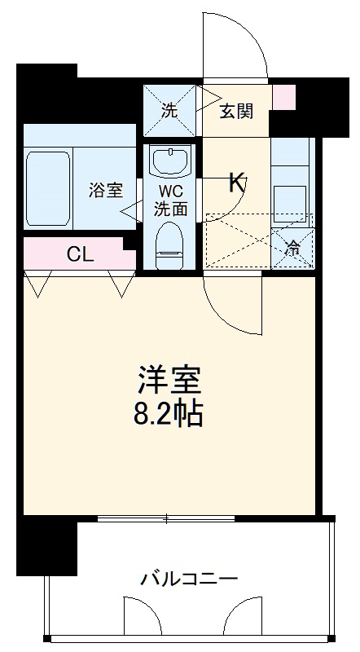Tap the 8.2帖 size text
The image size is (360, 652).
pyautogui.click(x=169, y=414)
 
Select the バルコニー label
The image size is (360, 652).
pyautogui.click(x=188, y=579)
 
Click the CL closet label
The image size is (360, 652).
pyautogui.click(x=79, y=253)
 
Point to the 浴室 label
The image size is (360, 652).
pyautogui.click(x=105, y=190)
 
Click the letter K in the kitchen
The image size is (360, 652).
pyautogui.click(x=236, y=182)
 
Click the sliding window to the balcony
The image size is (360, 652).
pyautogui.click(x=167, y=518)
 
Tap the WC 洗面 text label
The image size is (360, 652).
pyautogui.click(x=171, y=198)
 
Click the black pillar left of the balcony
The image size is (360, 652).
pyautogui.click(x=47, y=545)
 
